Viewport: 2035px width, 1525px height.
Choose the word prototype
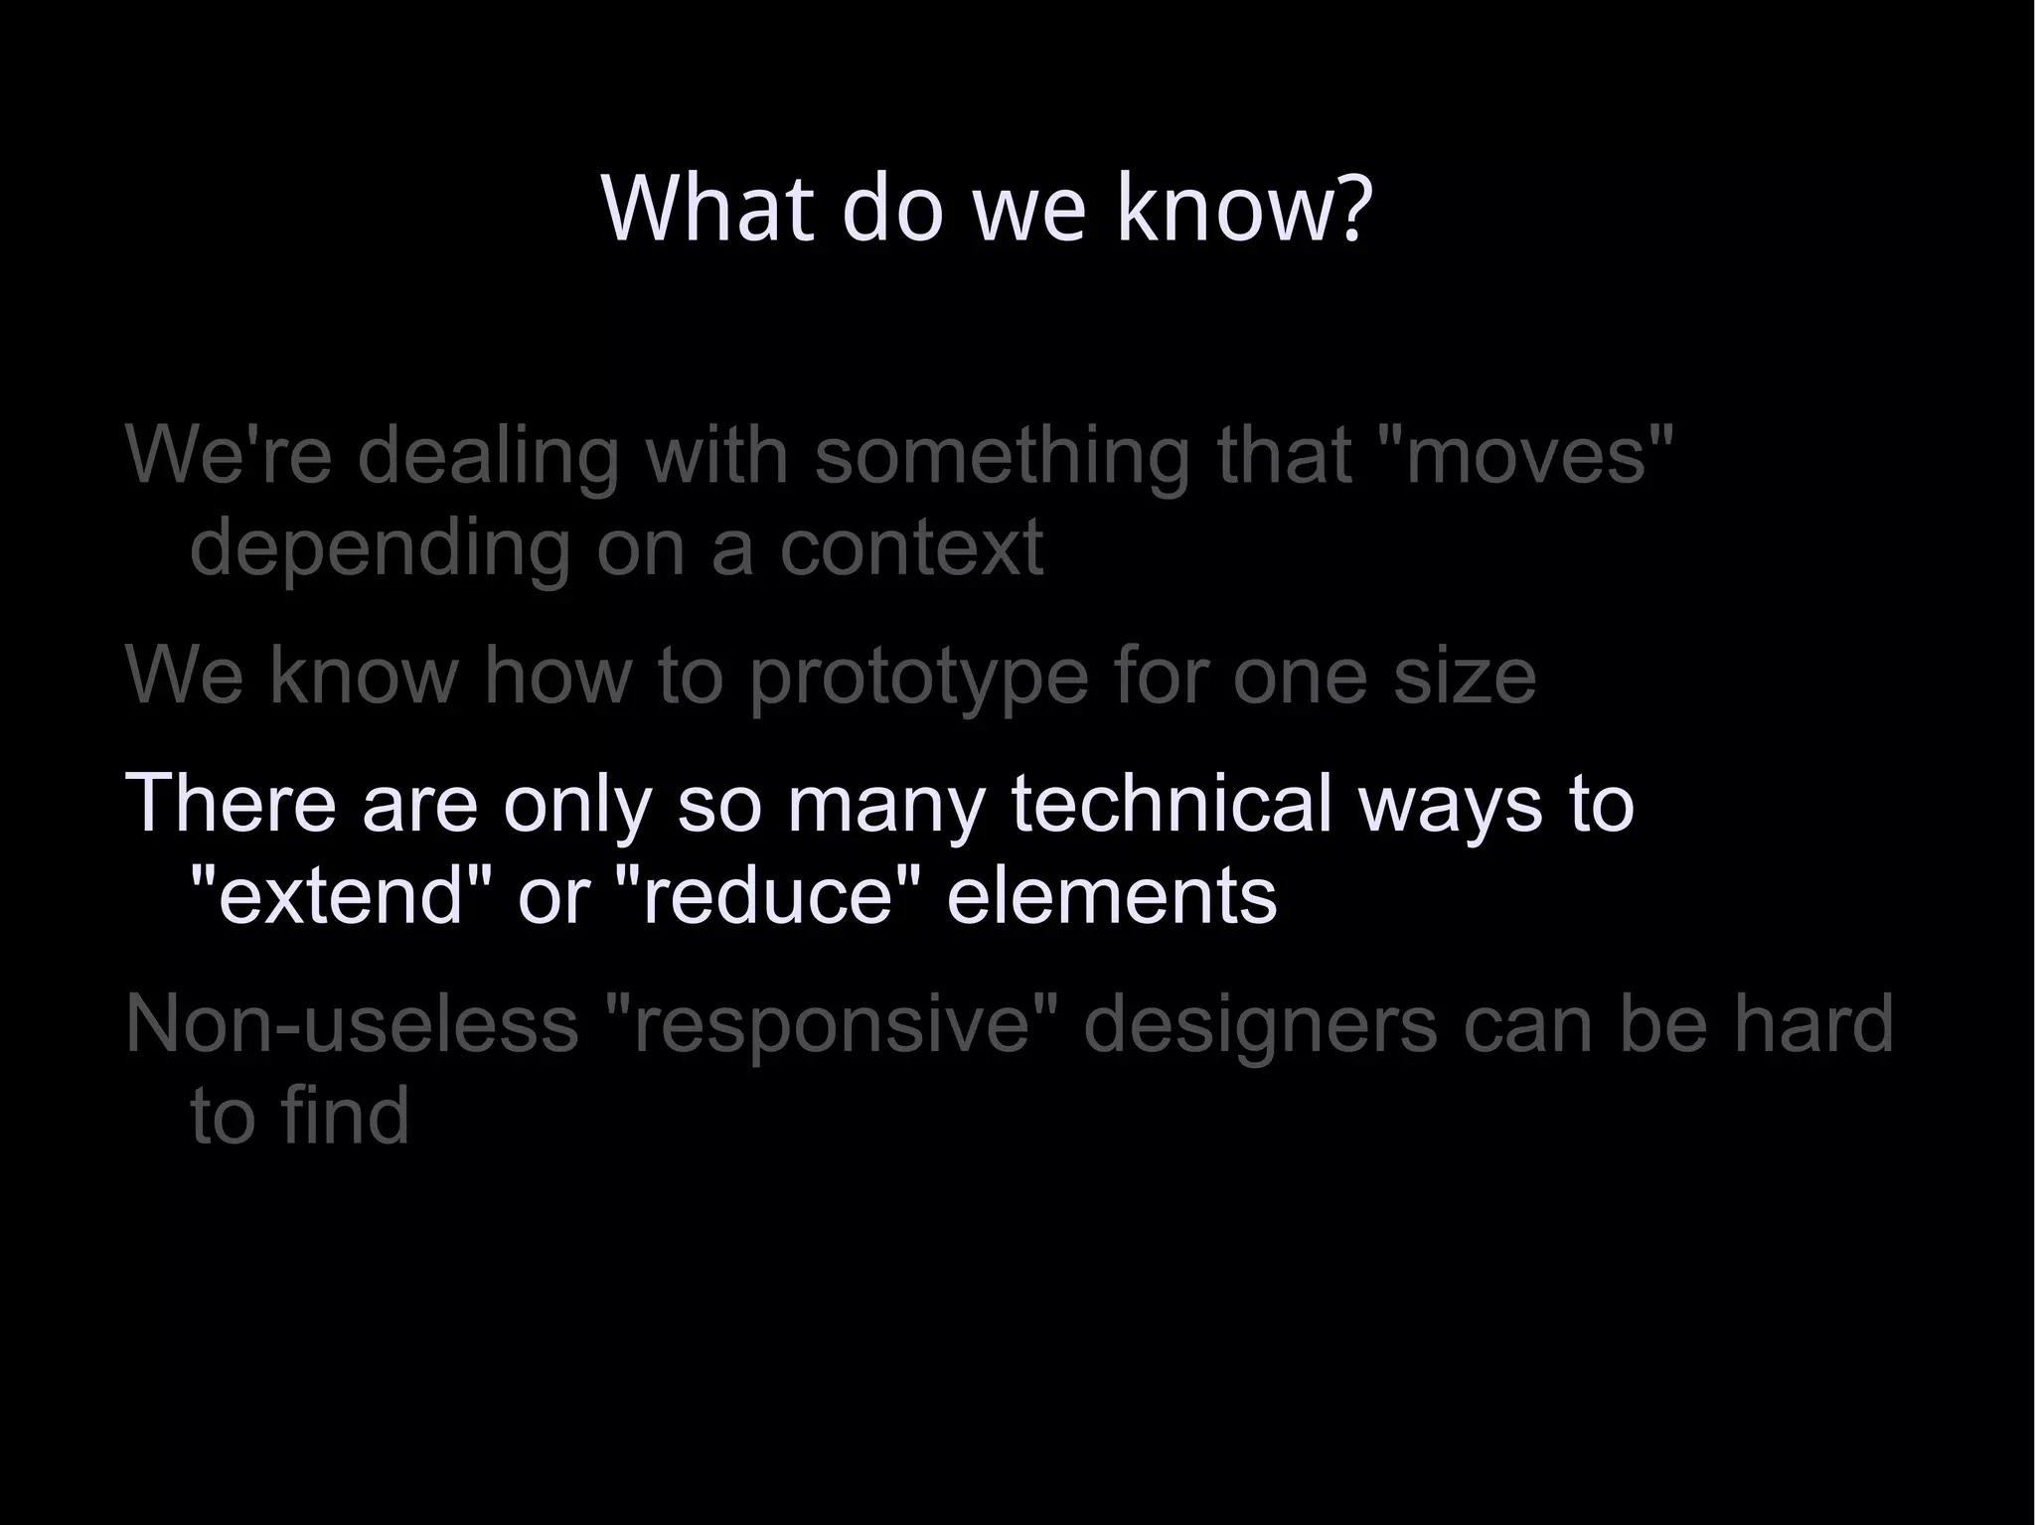(919, 677)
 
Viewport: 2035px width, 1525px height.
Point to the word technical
(1171, 802)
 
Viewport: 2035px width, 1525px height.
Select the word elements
(1111, 894)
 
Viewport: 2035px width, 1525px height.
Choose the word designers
(1259, 1023)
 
